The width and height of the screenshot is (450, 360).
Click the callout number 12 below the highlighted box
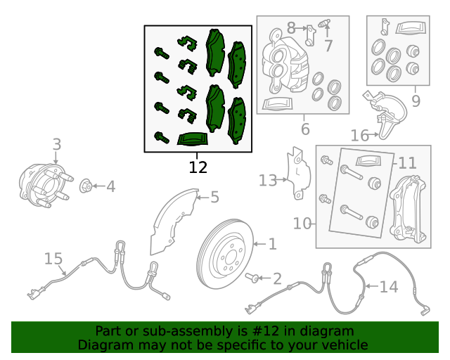click(x=198, y=167)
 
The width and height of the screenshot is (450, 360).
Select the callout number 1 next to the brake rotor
click(x=272, y=244)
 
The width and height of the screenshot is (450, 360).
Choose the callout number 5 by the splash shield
click(x=305, y=129)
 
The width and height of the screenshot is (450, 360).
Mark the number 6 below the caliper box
click(x=328, y=46)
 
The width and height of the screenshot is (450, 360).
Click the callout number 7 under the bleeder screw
click(x=291, y=29)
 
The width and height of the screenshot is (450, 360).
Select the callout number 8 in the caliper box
click(x=416, y=101)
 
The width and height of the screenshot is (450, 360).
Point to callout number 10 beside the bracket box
click(x=407, y=164)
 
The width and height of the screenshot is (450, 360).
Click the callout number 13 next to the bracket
click(x=268, y=181)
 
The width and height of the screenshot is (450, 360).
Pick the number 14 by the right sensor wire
click(x=389, y=287)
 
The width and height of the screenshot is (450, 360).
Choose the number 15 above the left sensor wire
click(x=53, y=259)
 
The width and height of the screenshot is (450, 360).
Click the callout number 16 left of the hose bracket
click(x=359, y=135)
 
